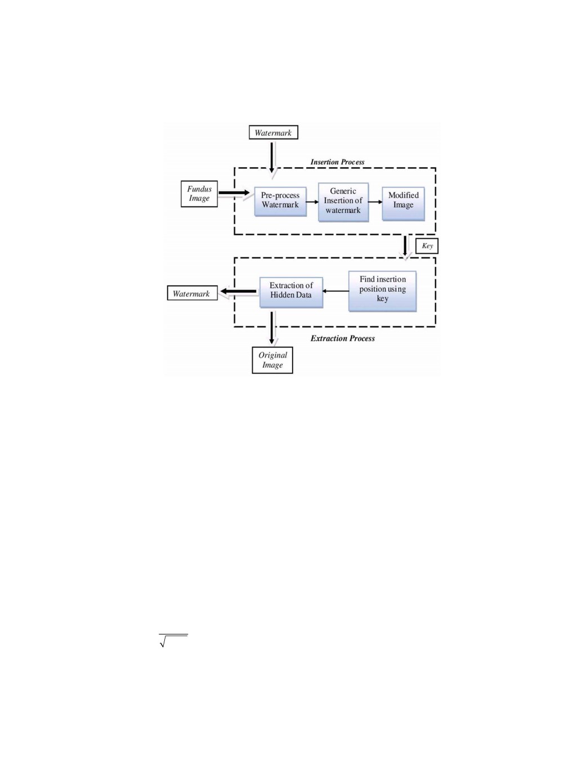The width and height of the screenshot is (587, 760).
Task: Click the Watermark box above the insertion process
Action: click(x=274, y=132)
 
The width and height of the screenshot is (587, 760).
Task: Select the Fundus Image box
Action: click(x=199, y=194)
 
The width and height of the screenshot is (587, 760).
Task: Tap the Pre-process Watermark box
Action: click(x=280, y=202)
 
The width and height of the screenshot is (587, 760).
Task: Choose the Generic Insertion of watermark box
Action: click(x=343, y=202)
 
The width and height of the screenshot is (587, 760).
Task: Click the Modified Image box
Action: click(x=404, y=204)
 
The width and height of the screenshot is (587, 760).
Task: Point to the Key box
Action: click(x=427, y=246)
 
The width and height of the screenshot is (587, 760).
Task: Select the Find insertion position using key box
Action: click(x=383, y=291)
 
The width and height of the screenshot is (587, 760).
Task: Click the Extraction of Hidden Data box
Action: click(x=291, y=292)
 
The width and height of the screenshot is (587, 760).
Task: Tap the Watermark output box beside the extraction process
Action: click(x=192, y=293)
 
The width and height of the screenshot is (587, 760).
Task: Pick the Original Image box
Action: click(x=272, y=360)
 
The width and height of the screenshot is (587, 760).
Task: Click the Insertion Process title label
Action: click(x=337, y=162)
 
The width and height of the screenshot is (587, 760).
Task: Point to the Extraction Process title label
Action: click(x=343, y=338)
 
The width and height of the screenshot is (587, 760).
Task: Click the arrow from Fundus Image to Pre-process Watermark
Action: click(x=234, y=193)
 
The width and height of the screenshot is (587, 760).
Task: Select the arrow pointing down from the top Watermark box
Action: click(x=272, y=158)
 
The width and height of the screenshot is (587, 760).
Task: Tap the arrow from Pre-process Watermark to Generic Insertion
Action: click(x=312, y=202)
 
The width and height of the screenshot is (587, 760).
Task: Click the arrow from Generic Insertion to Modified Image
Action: click(x=375, y=202)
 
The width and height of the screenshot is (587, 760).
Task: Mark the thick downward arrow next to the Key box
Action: click(x=405, y=246)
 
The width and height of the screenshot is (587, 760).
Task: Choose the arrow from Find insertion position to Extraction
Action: click(x=335, y=290)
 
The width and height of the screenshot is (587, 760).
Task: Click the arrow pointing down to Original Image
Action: click(x=272, y=328)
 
